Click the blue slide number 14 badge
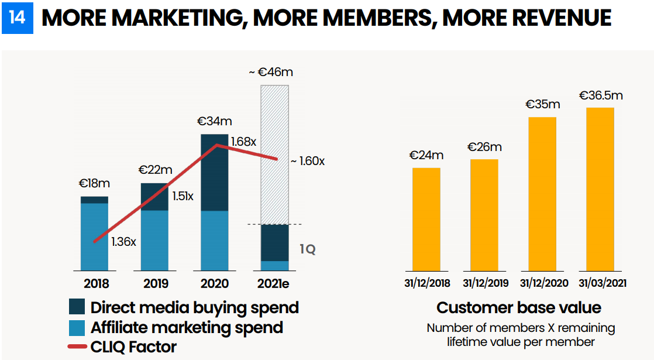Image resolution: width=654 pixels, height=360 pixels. pos(18,18)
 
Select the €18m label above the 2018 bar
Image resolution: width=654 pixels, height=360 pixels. pos(94,183)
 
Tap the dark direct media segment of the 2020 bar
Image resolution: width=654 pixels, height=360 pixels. pos(214,173)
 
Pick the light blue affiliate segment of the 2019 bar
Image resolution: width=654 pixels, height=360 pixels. pos(154,240)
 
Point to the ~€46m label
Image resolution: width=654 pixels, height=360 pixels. pos(270,73)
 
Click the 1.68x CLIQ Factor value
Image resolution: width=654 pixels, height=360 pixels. pos(244,141)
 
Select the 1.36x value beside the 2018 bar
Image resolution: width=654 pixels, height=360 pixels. pos(123,241)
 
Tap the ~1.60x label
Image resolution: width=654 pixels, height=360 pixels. pos(308,161)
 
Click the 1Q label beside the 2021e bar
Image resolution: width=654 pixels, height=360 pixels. pos(308,249)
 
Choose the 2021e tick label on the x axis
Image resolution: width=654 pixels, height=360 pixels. pos(274,284)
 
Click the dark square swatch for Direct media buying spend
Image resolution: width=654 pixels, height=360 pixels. pos(77,307)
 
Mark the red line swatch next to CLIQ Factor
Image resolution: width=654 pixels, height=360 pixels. pos(77,347)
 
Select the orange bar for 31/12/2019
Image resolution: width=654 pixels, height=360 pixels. pos(484,215)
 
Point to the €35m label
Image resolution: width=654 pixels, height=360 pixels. pos(542,105)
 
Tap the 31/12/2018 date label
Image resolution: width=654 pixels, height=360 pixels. pos(426,284)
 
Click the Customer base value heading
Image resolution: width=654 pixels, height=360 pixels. pos(519,308)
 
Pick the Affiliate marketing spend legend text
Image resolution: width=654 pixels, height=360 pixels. pos(187,327)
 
